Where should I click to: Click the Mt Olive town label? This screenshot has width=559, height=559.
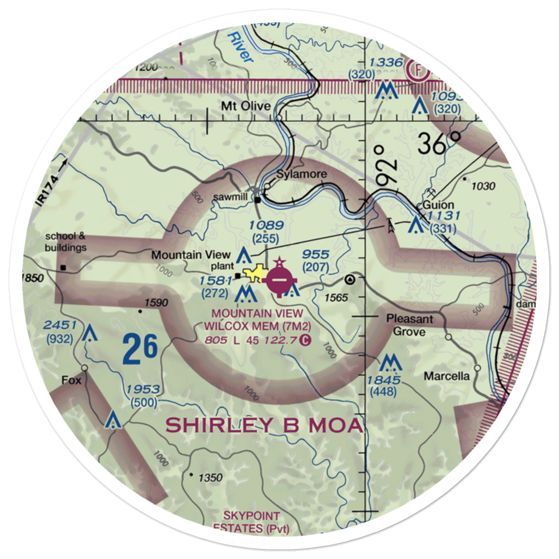tap(246, 106)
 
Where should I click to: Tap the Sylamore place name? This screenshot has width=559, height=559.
tap(302, 174)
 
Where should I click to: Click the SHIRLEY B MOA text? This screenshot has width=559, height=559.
tap(264, 425)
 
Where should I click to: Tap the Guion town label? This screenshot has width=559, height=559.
tap(438, 205)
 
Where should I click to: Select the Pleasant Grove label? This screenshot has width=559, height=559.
tap(410, 325)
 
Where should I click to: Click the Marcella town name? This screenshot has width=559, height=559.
tap(446, 376)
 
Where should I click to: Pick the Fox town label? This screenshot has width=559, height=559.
tap(72, 381)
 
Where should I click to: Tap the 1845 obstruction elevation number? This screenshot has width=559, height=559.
tap(382, 381)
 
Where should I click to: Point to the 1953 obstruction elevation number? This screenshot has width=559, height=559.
tap(143, 390)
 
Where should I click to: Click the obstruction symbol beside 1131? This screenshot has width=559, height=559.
tap(415, 225)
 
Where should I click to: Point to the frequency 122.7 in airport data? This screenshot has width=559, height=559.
tap(283, 339)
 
